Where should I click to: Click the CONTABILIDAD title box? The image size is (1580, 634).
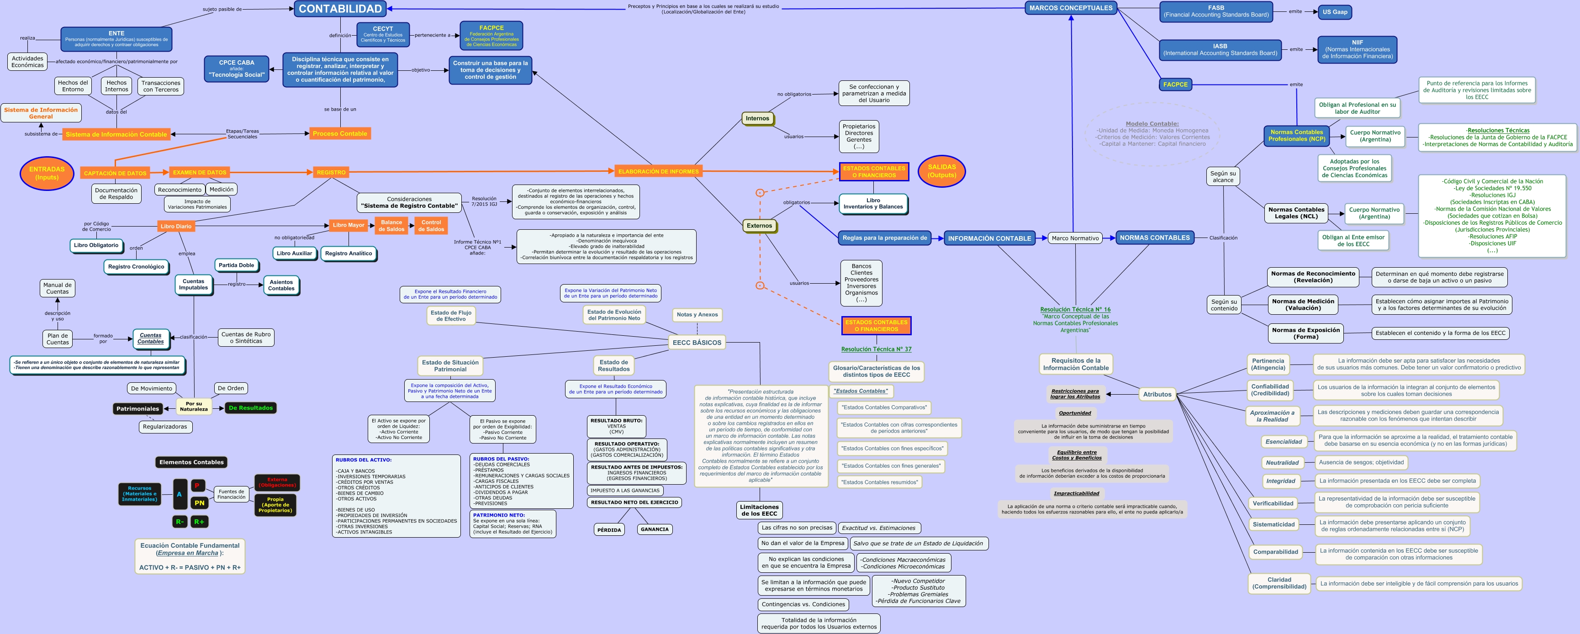click(x=340, y=9)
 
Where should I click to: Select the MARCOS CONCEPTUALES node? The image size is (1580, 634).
click(x=1070, y=8)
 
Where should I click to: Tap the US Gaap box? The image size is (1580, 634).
click(x=1335, y=12)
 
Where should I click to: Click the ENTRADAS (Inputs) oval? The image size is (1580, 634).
click(x=47, y=173)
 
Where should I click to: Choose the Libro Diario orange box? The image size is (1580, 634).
click(x=175, y=226)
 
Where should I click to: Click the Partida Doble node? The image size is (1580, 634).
click(x=236, y=265)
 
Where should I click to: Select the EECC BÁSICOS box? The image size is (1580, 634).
click(x=697, y=343)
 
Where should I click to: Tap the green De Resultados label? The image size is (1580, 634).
click(x=250, y=408)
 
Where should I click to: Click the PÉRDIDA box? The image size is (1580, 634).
click(x=609, y=530)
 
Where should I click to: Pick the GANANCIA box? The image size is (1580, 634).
click(x=655, y=529)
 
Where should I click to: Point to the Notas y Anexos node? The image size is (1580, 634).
click(x=697, y=315)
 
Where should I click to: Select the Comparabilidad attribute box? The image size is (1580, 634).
click(x=1275, y=552)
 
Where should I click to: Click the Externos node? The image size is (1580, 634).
click(x=759, y=226)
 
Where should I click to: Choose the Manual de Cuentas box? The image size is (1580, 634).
click(x=58, y=288)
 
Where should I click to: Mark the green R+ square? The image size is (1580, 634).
click(x=199, y=522)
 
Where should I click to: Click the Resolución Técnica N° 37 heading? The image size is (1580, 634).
click(x=876, y=349)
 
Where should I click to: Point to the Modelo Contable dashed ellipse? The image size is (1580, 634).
click(x=1152, y=134)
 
